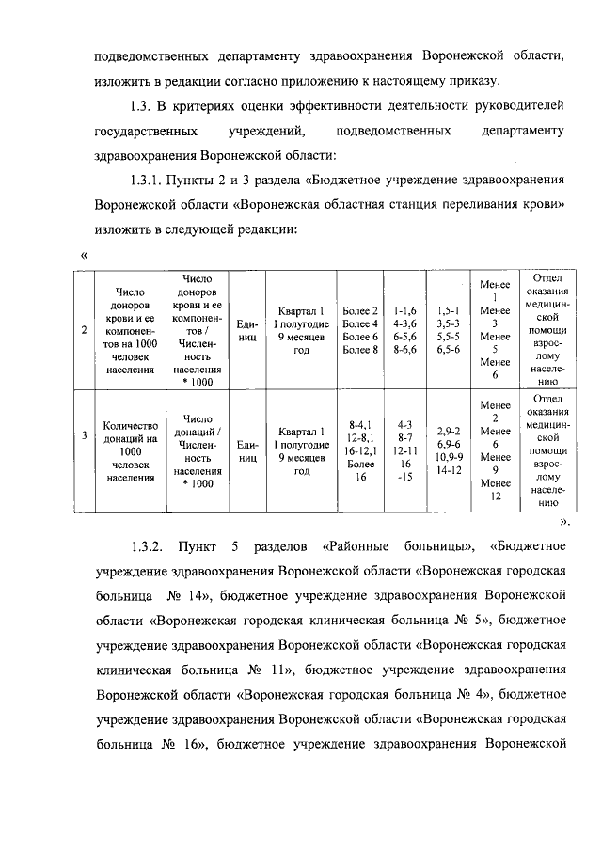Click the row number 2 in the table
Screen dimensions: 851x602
tap(86, 330)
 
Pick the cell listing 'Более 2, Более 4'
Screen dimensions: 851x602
tap(361, 331)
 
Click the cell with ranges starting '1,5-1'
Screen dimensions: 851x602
tap(449, 329)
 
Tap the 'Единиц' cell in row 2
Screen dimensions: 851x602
tap(247, 330)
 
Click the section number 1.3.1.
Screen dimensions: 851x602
tap(150, 179)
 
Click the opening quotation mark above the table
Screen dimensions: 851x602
tap(85, 254)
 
